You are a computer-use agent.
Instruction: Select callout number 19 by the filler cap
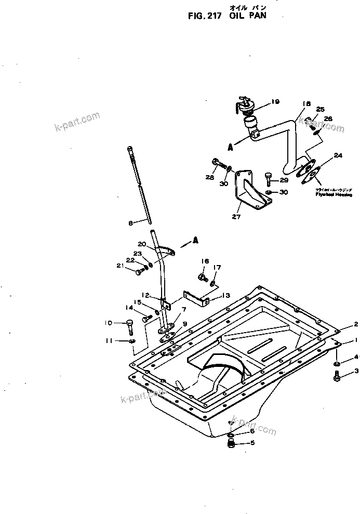[x=275, y=101]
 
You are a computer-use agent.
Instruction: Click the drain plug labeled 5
[x=232, y=443]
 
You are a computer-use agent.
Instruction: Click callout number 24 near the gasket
[x=338, y=155]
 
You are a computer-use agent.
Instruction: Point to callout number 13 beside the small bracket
[x=225, y=295]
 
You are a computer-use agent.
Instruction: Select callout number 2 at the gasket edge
[x=356, y=324]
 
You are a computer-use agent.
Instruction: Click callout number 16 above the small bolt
[x=205, y=261]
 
